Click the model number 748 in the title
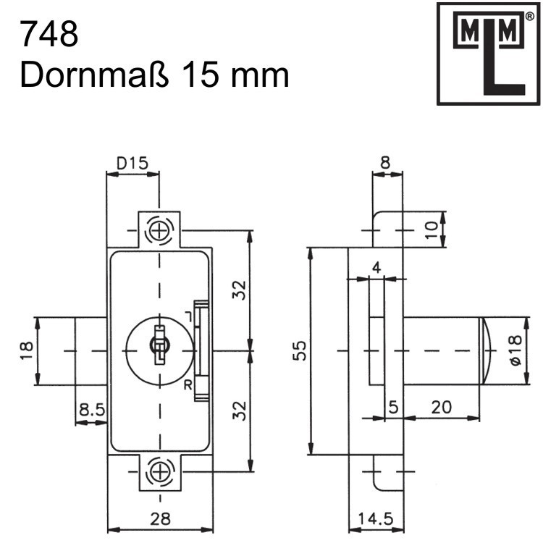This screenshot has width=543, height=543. [x=49, y=34]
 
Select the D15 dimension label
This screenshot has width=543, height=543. [x=132, y=164]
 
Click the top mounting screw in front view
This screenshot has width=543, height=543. [x=159, y=231]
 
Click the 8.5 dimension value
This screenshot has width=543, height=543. [x=91, y=410]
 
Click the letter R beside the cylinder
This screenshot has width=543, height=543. [x=188, y=384]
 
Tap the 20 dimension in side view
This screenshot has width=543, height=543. [x=439, y=408]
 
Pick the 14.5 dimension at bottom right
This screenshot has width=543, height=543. [x=375, y=519]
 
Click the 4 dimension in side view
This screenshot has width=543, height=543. [x=375, y=267]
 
